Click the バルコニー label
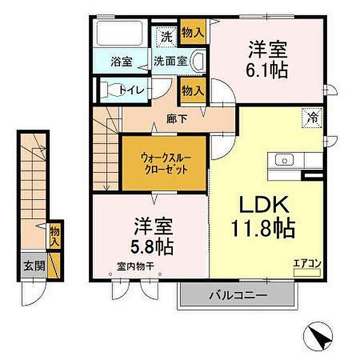(237, 295)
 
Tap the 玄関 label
(34, 266)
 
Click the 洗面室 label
(170, 61)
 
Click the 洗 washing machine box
(167, 36)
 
